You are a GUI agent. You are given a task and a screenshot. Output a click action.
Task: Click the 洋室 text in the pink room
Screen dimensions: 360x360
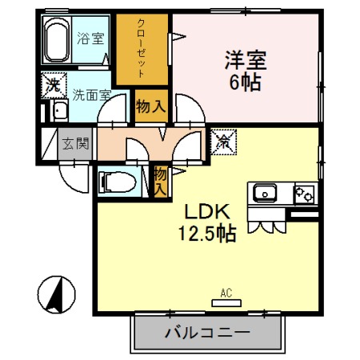pos(245,60)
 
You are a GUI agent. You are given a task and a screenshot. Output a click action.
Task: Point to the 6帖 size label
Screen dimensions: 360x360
pos(245,82)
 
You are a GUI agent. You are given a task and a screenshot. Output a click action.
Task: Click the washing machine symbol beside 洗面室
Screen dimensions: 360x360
pos(53,84)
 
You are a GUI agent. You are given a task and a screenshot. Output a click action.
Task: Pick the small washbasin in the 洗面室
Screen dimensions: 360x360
pos(59,110)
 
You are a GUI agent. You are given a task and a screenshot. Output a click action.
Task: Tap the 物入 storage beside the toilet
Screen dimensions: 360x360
pos(159,180)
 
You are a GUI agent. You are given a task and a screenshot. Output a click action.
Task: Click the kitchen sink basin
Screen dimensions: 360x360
pos(265,193)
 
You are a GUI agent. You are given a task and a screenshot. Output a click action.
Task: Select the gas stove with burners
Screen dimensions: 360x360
pos(304,193)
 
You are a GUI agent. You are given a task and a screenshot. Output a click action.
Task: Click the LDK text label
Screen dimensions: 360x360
pos(208,213)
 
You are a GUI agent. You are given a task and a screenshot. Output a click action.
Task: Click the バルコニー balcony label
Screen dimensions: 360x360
pos(208,332)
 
